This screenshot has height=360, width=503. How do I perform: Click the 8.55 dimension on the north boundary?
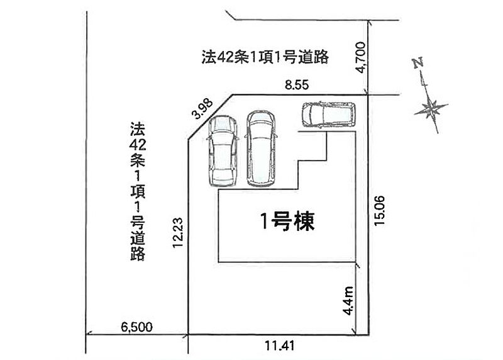[297, 85]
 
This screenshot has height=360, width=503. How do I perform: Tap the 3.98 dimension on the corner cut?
[202, 108]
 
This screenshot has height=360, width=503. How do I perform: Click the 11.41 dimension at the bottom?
[279, 346]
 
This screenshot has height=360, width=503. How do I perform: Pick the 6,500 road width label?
[136, 327]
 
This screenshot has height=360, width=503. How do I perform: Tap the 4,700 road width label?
[362, 57]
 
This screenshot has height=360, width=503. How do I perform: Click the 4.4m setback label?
[348, 301]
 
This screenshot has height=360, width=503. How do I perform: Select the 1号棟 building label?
[287, 222]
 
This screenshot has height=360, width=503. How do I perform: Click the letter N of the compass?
[418, 63]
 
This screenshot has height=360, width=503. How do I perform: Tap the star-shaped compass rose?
[431, 108]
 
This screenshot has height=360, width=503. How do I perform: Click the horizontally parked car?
[328, 115]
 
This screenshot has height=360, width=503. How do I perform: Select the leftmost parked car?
[223, 151]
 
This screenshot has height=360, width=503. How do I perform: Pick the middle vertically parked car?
[261, 149]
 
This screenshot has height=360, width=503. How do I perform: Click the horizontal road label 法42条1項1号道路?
[265, 57]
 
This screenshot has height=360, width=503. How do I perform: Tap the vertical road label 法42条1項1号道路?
[138, 191]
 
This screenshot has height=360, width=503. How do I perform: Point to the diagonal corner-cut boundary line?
[210, 117]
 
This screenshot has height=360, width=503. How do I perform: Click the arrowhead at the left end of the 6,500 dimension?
[89, 334]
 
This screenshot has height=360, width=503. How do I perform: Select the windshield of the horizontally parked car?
[309, 115]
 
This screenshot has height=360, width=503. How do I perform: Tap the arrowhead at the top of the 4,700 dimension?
[369, 23]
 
